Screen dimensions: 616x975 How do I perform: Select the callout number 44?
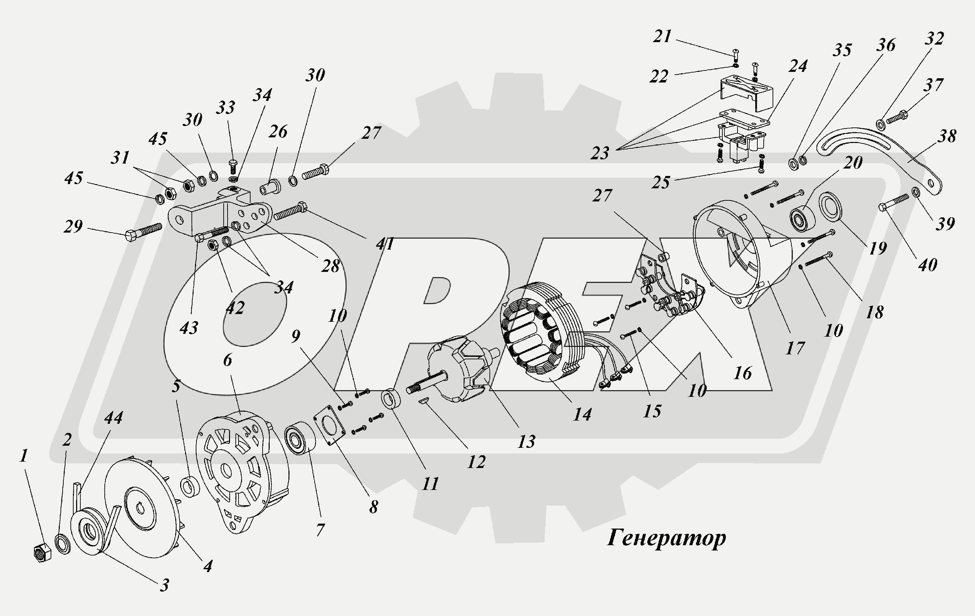tap(113, 417)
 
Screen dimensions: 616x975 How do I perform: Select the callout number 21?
tap(663, 37)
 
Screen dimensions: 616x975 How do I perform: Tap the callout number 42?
tap(235, 308)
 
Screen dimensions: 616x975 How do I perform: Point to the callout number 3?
tap(164, 585)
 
